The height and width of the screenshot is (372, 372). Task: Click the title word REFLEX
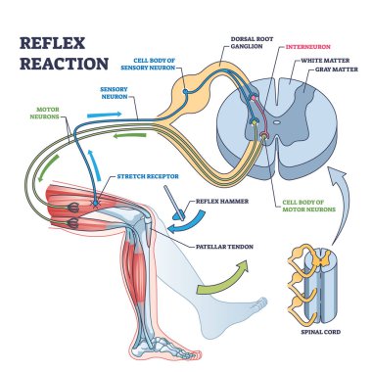point(54,45)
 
